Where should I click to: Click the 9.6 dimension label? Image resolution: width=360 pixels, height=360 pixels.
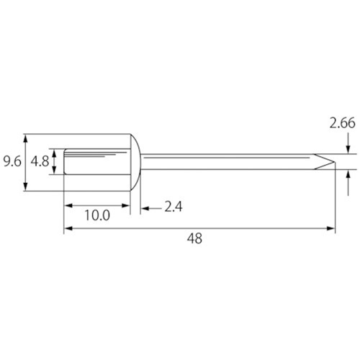pyautogui.click(x=12, y=161)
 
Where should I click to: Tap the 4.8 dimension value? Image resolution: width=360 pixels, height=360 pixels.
pyautogui.click(x=40, y=161)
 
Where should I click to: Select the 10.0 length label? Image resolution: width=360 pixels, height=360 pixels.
pyautogui.click(x=97, y=215)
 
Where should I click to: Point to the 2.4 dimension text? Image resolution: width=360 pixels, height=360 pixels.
pyautogui.click(x=174, y=207)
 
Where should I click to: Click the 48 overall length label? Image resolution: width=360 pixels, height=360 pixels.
pyautogui.click(x=194, y=238)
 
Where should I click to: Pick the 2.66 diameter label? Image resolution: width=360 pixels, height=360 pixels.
pyautogui.click(x=342, y=123)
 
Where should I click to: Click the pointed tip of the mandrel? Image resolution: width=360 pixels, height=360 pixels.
pyautogui.click(x=335, y=162)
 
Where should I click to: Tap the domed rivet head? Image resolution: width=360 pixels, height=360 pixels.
pyautogui.click(x=135, y=162)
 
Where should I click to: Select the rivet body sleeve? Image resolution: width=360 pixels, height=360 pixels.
pyautogui.click(x=97, y=161)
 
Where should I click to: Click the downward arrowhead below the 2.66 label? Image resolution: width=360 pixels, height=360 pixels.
pyautogui.click(x=348, y=149)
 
